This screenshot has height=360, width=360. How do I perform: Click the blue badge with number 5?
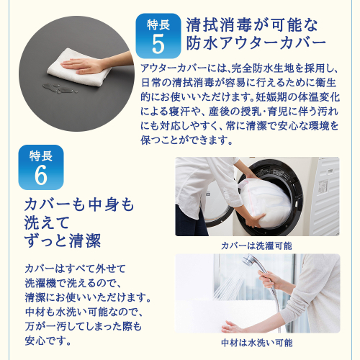[158, 36]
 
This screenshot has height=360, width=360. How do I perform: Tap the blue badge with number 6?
[41, 167]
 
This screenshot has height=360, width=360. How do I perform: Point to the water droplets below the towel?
[60, 88]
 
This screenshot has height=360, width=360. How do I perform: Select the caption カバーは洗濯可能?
[256, 246]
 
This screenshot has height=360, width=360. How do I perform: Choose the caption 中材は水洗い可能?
[257, 343]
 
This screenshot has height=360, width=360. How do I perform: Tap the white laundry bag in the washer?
[264, 203]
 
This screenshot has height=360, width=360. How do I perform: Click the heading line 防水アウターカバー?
[256, 43]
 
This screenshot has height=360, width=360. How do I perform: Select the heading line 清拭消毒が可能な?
[252, 25]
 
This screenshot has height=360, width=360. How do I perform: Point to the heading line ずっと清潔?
[63, 240]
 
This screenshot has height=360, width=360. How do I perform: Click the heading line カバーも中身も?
[79, 204]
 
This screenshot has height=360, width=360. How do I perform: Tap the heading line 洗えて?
[47, 222]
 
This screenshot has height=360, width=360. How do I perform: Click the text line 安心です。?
[48, 341]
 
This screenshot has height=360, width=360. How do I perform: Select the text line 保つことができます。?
[186, 140]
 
